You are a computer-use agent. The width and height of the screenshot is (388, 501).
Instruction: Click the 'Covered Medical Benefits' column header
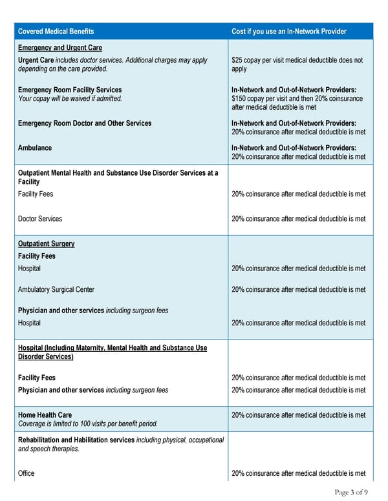(56, 32)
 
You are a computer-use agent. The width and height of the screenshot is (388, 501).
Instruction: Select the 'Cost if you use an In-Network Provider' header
(288, 32)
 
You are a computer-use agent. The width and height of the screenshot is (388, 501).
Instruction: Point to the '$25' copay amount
(237, 60)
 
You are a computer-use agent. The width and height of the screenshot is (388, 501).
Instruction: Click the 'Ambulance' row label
(35, 148)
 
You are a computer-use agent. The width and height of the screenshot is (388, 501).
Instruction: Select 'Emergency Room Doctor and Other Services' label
(85, 123)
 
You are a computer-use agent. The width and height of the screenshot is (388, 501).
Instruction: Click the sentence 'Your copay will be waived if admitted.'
(70, 99)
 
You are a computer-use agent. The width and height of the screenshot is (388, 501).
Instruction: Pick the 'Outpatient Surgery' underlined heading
(46, 243)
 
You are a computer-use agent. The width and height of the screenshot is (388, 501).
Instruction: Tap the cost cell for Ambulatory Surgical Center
(298, 290)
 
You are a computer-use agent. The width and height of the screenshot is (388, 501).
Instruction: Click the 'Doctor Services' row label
(40, 219)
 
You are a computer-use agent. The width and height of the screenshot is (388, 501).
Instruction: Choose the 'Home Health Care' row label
(45, 415)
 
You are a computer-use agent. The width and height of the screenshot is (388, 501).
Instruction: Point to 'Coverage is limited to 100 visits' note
(87, 424)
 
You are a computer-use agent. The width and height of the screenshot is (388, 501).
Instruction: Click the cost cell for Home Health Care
(298, 415)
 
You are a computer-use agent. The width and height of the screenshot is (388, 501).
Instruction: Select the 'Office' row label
(27, 473)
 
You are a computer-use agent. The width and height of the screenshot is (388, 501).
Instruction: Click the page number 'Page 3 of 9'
(351, 493)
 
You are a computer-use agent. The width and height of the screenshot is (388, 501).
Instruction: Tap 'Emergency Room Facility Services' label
(70, 90)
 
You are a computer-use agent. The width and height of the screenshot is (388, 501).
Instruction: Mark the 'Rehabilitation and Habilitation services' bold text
(76, 440)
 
